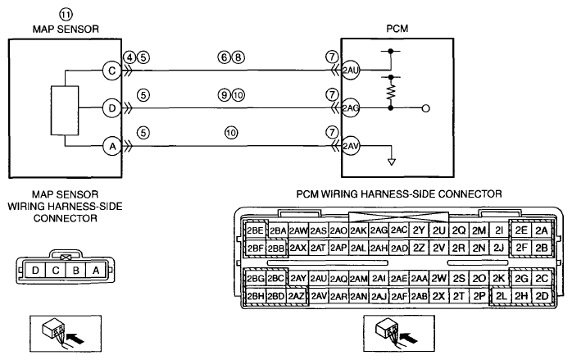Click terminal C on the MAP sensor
[112, 70]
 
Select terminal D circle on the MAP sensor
[112, 108]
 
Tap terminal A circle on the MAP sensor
[112, 147]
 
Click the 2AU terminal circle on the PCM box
[350, 70]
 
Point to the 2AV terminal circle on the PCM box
[350, 147]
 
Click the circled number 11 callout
[66, 15]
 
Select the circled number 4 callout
[129, 57]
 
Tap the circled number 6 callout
[225, 57]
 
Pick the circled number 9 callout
[225, 95]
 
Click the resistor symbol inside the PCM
[391, 93]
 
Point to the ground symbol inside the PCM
[392, 162]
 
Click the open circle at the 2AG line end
[425, 108]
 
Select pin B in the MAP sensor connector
[76, 271]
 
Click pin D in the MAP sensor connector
[35, 271]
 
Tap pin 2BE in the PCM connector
[256, 230]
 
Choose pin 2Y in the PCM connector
[419, 230]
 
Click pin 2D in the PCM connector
[542, 296]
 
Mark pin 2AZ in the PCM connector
[296, 296]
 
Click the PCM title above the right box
[397, 29]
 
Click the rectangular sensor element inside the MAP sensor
[65, 111]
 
